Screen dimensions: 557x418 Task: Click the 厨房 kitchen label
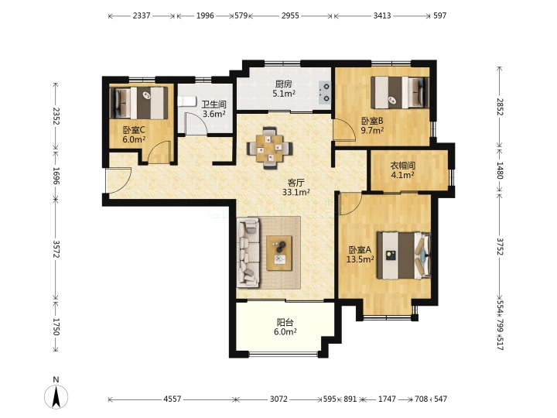point(283,84)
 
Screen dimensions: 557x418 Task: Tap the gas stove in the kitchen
point(325,92)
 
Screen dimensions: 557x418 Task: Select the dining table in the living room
point(270,148)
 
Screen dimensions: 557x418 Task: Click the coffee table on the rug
point(279,253)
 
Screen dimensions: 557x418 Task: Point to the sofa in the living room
point(248,252)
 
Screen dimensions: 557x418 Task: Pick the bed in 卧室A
point(404,255)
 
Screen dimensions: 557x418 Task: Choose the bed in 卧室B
point(400,93)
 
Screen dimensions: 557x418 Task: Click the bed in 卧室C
point(138,103)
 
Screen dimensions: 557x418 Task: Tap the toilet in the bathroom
point(186,101)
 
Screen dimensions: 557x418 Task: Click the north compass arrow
point(56,396)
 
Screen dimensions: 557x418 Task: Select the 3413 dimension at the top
point(382,15)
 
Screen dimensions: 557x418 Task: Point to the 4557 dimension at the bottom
point(173,399)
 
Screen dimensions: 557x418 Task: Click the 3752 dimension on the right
point(501,247)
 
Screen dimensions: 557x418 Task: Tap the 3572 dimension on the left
point(56,248)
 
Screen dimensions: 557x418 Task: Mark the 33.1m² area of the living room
point(296,192)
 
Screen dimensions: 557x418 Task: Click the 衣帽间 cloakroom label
point(402,166)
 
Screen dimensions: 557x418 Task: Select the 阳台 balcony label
point(285,323)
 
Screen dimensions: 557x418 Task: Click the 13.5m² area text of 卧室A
point(361,259)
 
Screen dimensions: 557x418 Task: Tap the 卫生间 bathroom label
point(214,104)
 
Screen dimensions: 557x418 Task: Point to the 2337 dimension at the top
point(142,15)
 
